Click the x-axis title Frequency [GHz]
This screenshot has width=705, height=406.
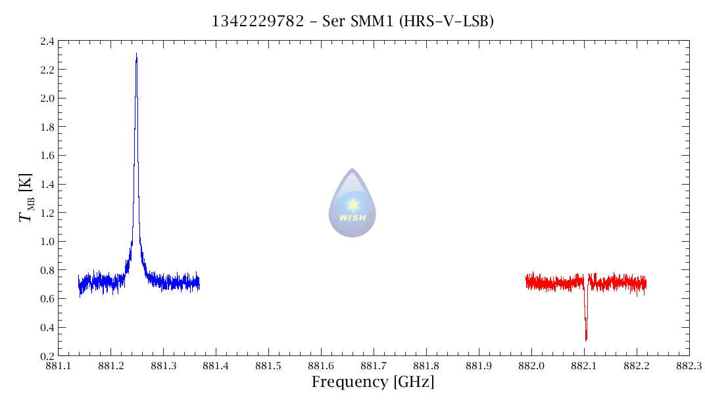373,382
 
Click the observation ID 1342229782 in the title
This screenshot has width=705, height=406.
257,22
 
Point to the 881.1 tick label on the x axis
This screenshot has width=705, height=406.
58,365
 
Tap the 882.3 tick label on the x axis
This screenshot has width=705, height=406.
689,365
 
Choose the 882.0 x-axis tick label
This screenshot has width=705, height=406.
531,365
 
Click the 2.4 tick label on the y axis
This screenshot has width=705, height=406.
47,41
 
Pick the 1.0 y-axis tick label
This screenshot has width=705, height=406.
47,242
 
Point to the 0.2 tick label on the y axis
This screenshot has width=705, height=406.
47,356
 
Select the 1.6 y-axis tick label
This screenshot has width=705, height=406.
47,156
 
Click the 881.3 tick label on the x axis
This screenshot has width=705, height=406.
163,365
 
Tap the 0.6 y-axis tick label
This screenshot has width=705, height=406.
47,299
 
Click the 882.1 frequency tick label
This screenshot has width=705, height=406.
584,365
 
